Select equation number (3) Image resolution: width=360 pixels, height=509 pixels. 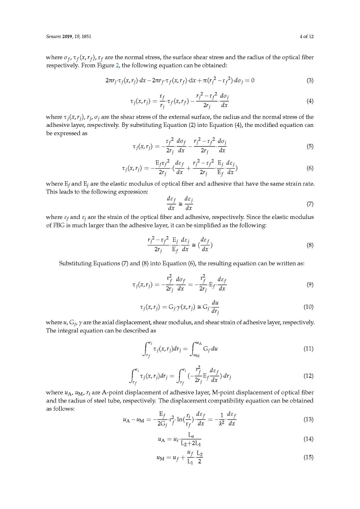[310, 80]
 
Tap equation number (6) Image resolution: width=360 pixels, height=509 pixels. [310, 168]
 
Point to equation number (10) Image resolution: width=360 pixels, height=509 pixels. [308, 307]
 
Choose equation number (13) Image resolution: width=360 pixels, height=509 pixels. [308, 419]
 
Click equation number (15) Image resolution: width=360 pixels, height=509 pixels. [308, 457]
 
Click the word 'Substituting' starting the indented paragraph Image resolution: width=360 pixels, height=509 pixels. [75, 263]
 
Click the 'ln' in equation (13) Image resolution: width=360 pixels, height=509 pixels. [180, 419]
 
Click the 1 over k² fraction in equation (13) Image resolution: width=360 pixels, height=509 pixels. [221, 419]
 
